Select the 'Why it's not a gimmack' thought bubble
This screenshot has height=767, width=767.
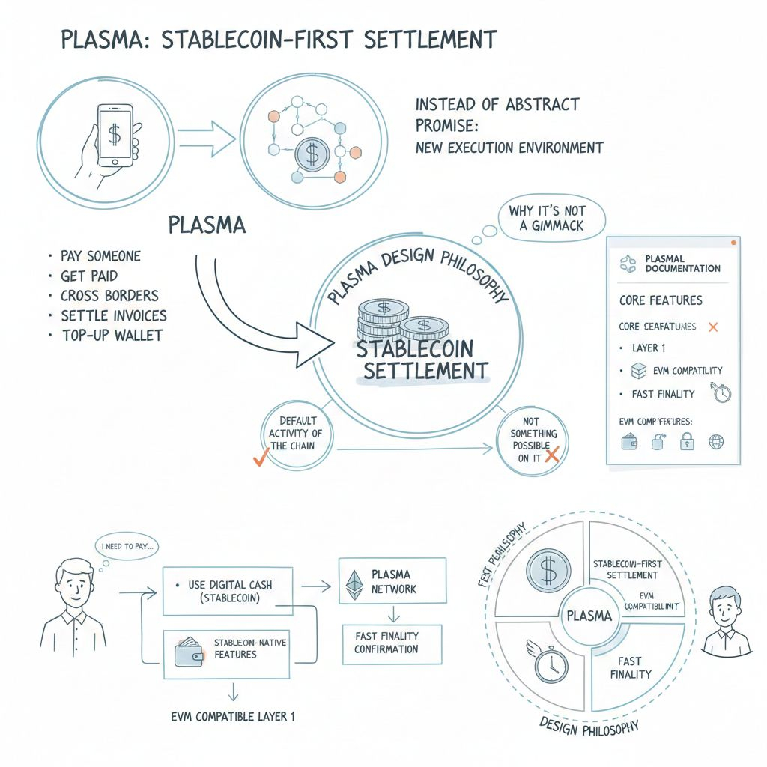(547, 218)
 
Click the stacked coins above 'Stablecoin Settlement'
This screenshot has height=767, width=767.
(401, 318)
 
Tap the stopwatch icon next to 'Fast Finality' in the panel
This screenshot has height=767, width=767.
(722, 394)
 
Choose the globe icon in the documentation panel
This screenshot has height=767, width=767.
(716, 443)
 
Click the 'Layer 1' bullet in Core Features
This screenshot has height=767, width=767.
(649, 348)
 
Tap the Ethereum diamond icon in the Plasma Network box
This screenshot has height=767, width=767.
(355, 585)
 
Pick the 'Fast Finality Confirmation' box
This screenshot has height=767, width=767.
(386, 642)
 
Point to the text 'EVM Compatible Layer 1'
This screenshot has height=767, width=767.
(233, 716)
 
